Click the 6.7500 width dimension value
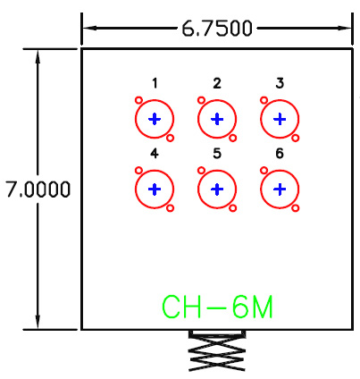[x=217, y=29]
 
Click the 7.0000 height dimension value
[x=38, y=189]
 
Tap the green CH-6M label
[x=217, y=307]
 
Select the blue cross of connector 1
[x=155, y=119]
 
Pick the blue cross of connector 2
[x=217, y=119]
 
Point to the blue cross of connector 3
[x=280, y=119]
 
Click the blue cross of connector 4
[x=155, y=189]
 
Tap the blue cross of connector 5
[x=217, y=189]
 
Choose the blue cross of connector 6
[x=280, y=189]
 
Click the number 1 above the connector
[x=155, y=83]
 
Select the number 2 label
[x=217, y=83]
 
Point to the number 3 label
[x=280, y=83]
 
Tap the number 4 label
[x=155, y=154]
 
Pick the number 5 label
[x=217, y=154]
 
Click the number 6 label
[x=280, y=154]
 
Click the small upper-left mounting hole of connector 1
[x=138, y=100]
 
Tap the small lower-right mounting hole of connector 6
[x=296, y=208]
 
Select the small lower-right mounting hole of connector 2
[x=233, y=138]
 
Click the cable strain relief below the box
[x=217, y=350]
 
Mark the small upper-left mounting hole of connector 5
[x=201, y=171]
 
